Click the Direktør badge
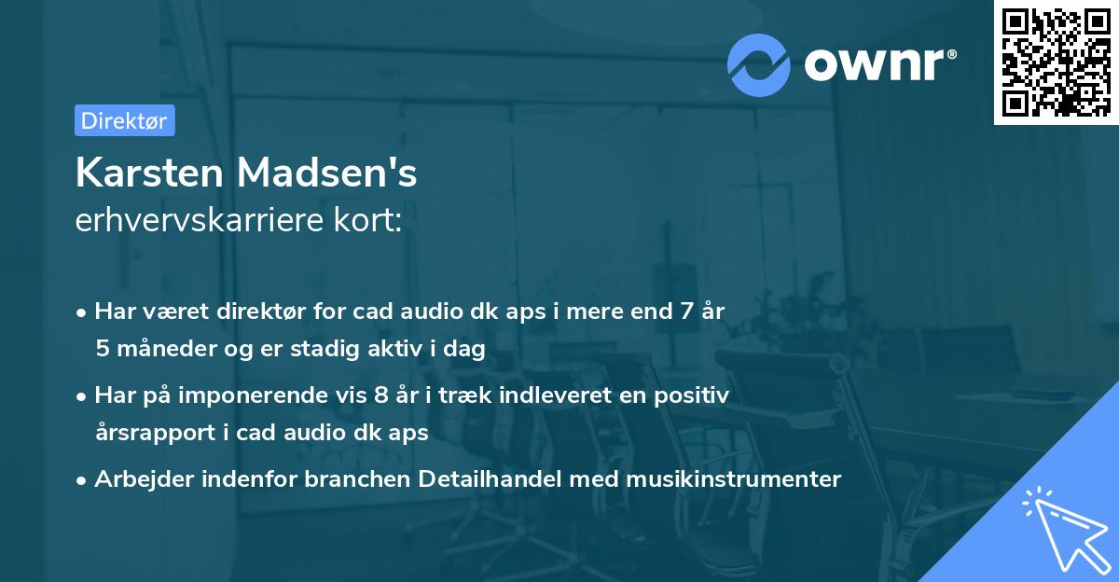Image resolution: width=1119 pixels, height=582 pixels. [x=124, y=120]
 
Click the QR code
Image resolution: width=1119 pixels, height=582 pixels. [x=1056, y=62]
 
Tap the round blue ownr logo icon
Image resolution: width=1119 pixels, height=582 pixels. [x=759, y=64]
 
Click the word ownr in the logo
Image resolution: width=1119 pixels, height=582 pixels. [x=877, y=65]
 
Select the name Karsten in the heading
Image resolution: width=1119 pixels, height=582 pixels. [x=148, y=173]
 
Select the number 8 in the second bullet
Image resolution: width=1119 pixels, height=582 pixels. [x=380, y=395]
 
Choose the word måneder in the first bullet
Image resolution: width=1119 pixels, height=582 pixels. [x=161, y=349]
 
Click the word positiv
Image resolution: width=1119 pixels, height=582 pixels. [x=693, y=395]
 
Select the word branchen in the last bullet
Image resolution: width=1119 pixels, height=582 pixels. [x=366, y=479]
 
